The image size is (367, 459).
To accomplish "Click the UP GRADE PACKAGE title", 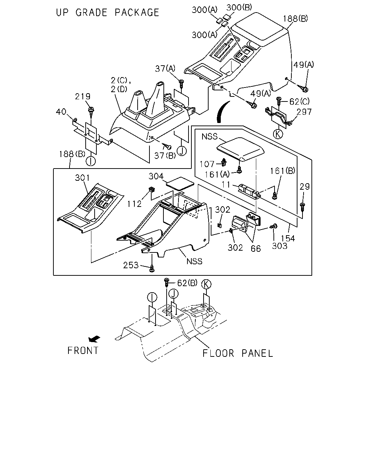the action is click(x=108, y=13).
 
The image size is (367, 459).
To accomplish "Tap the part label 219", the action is click(x=82, y=96).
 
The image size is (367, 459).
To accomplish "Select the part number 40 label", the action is click(x=61, y=112).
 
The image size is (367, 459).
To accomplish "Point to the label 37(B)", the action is click(x=165, y=156).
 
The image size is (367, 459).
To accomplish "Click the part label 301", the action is click(x=82, y=178).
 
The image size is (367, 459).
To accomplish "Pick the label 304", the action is click(x=156, y=176).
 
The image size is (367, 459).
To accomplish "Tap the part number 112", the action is click(x=134, y=204).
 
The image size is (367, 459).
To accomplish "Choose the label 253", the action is click(x=131, y=265).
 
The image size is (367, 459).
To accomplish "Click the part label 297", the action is click(x=304, y=112).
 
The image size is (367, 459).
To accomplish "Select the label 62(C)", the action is click(x=299, y=102).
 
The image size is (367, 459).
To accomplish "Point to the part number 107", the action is click(x=207, y=164).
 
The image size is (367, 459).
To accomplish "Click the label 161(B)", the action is click(x=282, y=171).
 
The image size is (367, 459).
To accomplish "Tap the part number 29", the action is click(x=305, y=186).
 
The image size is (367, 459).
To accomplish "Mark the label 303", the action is click(x=280, y=246).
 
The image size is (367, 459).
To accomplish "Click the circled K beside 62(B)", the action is click(x=206, y=284).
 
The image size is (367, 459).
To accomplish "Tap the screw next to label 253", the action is click(x=152, y=269).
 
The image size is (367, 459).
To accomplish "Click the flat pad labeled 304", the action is click(x=180, y=184).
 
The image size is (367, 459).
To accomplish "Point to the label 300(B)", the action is click(x=239, y=8).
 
